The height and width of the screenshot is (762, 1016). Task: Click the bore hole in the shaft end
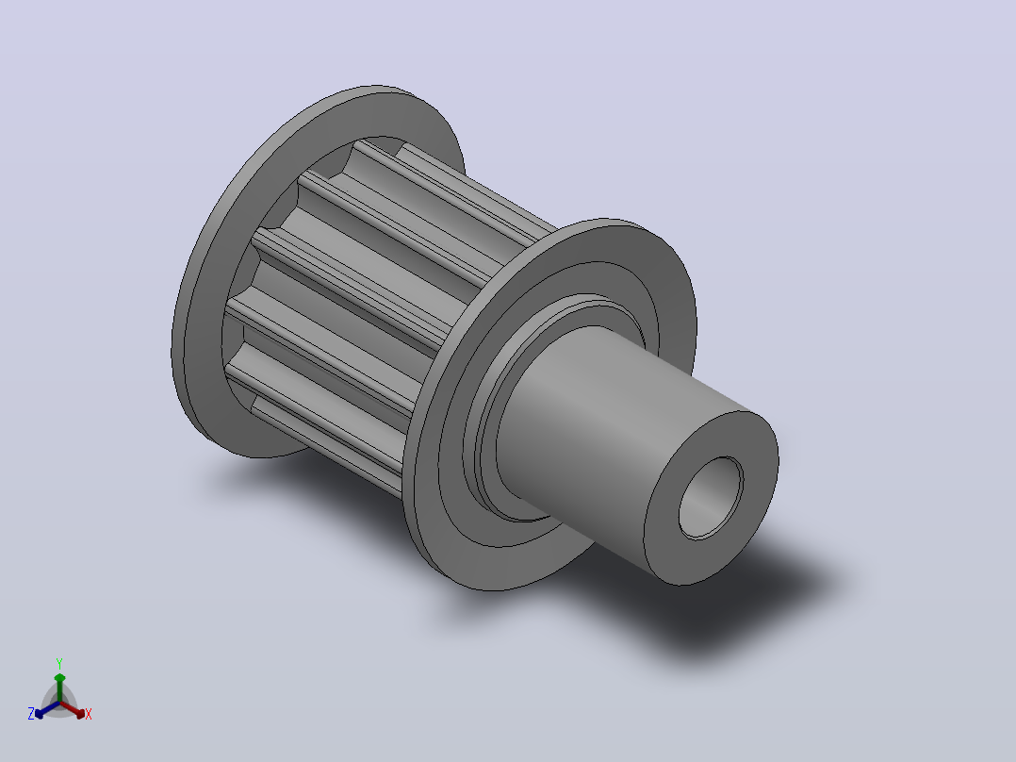click(x=711, y=497)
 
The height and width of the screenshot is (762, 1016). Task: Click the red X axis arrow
click(x=74, y=709)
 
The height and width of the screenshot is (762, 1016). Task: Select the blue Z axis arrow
click(x=47, y=709)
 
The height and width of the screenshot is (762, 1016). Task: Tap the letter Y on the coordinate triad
click(x=59, y=663)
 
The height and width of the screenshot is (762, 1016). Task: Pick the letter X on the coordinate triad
click(x=89, y=714)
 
